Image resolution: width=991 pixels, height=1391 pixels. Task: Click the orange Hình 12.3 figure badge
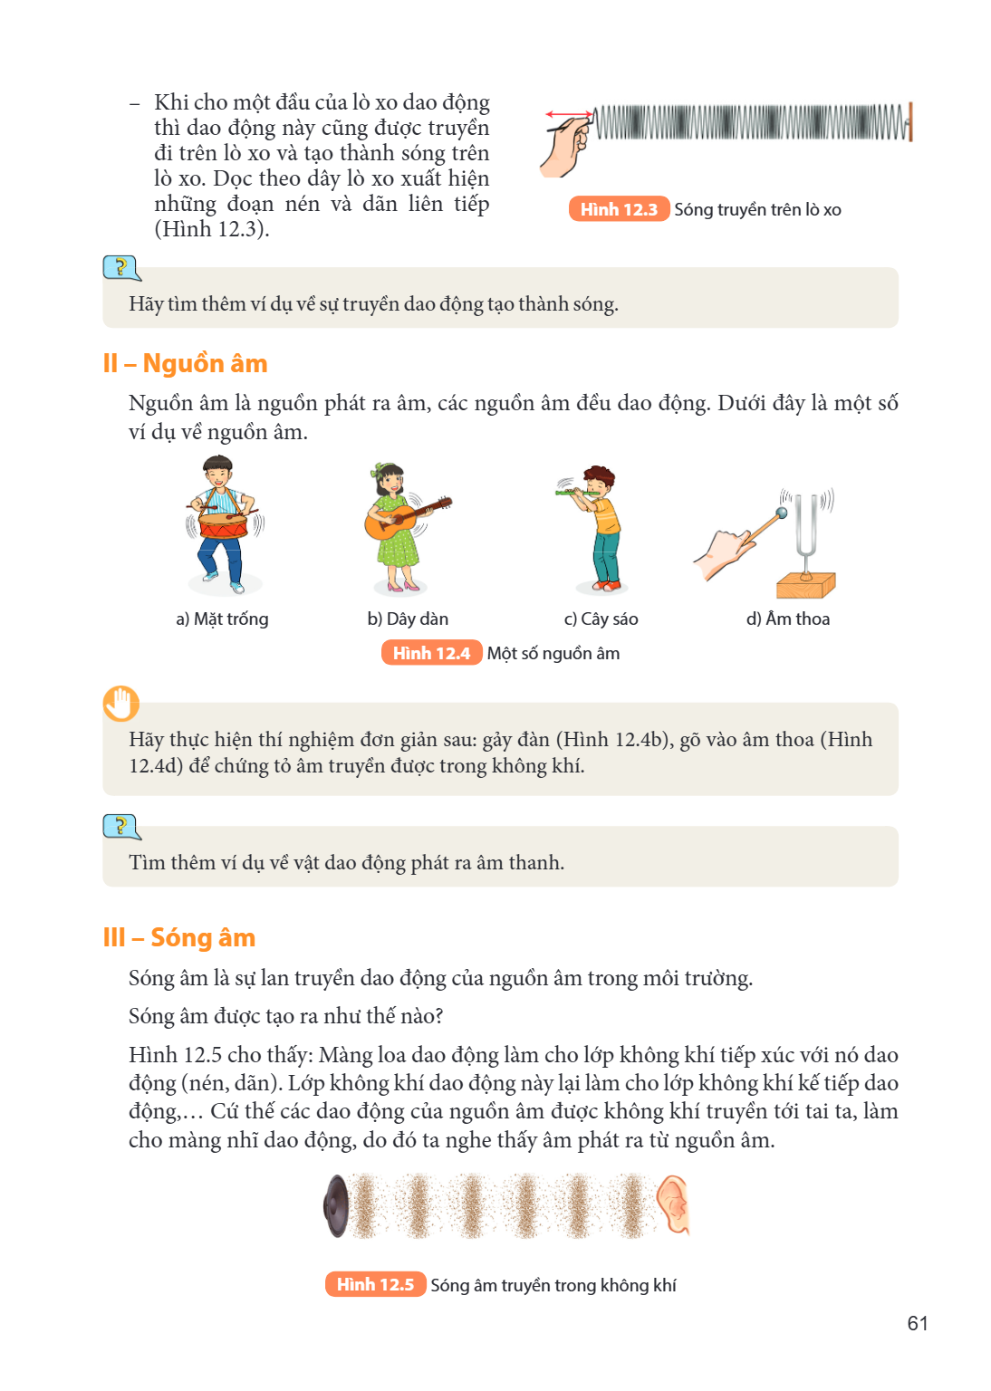pos(619,209)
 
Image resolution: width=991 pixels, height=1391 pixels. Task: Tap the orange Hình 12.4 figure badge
pos(431,653)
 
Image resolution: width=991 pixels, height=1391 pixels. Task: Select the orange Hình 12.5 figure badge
pos(375,1285)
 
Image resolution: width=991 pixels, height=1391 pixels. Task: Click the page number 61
pos(917,1324)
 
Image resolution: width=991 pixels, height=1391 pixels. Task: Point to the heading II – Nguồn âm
pos(185,364)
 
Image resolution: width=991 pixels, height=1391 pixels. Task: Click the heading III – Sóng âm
pos(179,937)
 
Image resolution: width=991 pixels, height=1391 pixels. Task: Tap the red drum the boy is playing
pos(223,525)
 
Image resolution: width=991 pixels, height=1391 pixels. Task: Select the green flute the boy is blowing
pos(577,493)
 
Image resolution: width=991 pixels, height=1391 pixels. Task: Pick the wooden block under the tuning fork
pos(805,586)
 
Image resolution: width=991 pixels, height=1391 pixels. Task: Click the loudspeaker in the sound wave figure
pos(336,1206)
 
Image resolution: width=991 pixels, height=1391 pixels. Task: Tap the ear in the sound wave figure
pos(674,1204)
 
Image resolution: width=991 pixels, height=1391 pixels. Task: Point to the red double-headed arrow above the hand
pos(569,114)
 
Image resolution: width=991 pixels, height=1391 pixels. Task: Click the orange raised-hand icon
pos(120,704)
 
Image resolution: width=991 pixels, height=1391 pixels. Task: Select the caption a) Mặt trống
pos(223,619)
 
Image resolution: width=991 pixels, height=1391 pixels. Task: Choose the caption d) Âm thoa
pos(788,619)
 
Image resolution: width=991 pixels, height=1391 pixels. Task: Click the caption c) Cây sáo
pos(601,619)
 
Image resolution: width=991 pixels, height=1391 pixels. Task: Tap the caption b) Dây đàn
pos(408,619)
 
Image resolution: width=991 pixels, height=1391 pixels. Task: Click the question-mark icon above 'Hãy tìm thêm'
pos(121,268)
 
